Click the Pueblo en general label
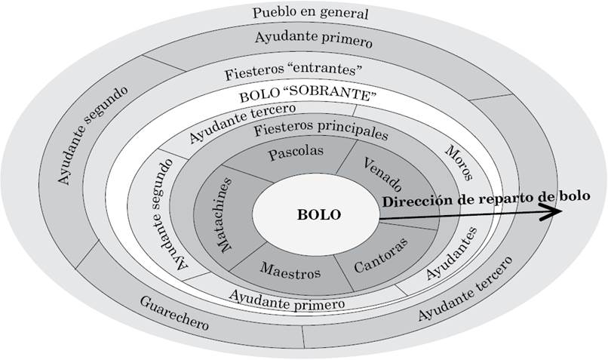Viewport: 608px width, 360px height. pyautogui.click(x=310, y=13)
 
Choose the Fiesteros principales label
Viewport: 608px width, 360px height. pyautogui.click(x=321, y=130)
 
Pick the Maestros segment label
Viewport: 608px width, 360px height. pyautogui.click(x=290, y=269)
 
